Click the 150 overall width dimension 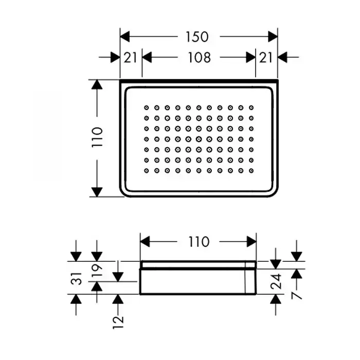[197, 37]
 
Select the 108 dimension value [199, 57]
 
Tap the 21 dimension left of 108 [131, 57]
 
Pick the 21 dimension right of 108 [266, 57]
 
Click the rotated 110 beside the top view [98, 138]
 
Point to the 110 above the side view [198, 241]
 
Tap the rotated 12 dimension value [119, 322]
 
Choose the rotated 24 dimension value [276, 281]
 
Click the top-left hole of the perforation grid [146, 107]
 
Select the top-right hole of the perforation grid [251, 107]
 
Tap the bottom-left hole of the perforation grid [146, 170]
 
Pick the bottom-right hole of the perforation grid [251, 170]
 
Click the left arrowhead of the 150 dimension [125, 37]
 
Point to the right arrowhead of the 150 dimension [273, 37]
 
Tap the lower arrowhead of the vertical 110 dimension [97, 191]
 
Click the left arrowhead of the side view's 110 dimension [146, 241]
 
